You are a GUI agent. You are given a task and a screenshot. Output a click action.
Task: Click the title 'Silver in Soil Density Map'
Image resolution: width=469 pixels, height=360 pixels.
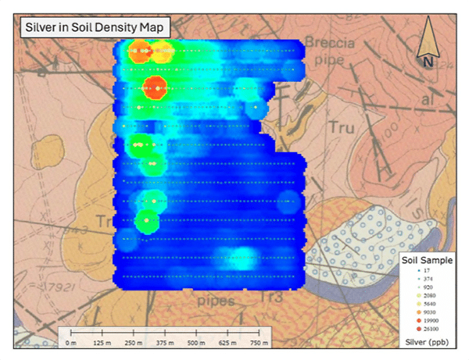(94, 27)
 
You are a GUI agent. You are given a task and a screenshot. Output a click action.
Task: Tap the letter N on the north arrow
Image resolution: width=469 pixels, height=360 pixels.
(427, 60)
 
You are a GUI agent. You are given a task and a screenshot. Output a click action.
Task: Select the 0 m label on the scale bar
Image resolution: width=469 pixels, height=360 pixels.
(70, 342)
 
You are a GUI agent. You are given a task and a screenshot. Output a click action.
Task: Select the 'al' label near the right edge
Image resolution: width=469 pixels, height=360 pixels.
(427, 102)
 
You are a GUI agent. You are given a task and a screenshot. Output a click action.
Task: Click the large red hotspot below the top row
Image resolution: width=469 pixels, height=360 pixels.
(156, 86)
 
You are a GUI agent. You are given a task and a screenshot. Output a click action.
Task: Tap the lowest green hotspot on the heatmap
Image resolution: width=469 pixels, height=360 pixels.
(146, 221)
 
